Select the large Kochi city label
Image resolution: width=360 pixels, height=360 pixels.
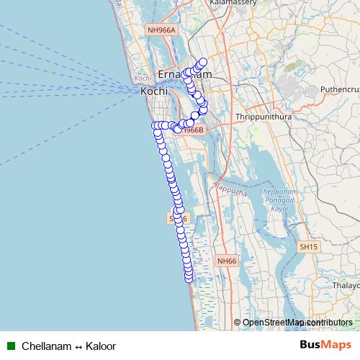[154, 91]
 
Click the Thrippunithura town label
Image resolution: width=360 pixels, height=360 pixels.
[262, 115]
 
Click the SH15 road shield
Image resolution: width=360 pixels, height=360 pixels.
[308, 246]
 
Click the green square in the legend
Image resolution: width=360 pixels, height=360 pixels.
[11, 346]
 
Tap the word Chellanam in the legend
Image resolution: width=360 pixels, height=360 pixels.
[47, 346]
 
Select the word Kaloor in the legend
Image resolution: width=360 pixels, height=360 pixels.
[101, 346]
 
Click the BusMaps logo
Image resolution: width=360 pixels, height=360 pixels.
[326, 346]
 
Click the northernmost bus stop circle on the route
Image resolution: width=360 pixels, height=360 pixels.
[203, 62]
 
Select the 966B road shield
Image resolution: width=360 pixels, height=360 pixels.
[194, 130]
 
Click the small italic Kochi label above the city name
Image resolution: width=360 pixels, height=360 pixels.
[141, 77]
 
